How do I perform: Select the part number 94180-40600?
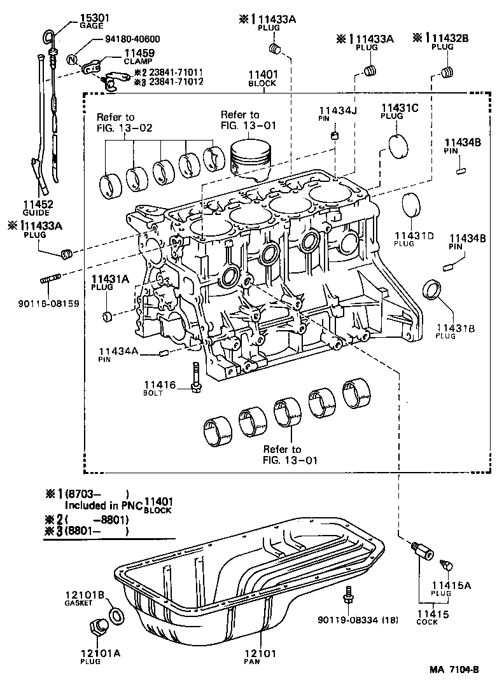point(132,39)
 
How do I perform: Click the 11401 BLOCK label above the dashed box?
point(263,78)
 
